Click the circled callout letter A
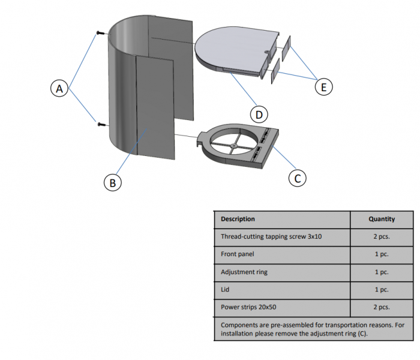tap(59, 89)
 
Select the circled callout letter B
tap(112, 182)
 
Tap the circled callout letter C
tap(296, 178)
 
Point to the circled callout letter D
tap(259, 114)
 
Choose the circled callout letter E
tap(324, 87)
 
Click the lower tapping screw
tap(100, 125)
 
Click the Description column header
tap(238, 219)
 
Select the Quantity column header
tap(382, 219)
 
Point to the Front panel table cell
tap(238, 254)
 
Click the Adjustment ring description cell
tap(244, 272)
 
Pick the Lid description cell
tap(226, 289)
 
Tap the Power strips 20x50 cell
tap(248, 307)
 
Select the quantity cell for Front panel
tap(382, 254)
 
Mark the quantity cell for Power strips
tap(382, 307)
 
